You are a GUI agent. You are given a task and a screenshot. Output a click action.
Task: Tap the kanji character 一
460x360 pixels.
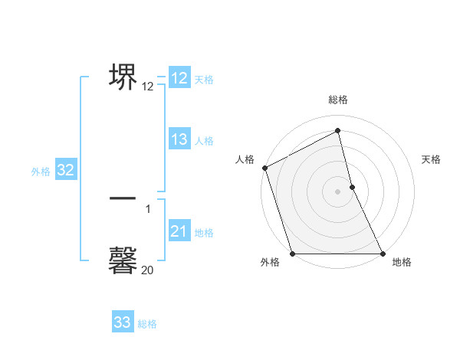(x=123, y=198)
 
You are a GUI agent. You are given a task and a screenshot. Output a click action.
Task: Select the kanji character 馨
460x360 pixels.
(x=123, y=259)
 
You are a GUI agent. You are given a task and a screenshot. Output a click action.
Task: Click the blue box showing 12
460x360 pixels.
(x=179, y=78)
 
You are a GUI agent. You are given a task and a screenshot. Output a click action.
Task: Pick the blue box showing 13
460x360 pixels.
(x=179, y=139)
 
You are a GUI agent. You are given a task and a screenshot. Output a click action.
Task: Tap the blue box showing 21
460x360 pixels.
(x=179, y=231)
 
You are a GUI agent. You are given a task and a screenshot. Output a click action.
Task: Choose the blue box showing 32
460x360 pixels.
(x=65, y=170)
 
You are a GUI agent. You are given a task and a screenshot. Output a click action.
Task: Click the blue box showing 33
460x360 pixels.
(x=123, y=322)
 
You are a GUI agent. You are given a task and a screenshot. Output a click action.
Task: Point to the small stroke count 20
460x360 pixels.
(x=147, y=270)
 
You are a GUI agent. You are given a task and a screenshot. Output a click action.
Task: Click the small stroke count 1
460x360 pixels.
(x=148, y=208)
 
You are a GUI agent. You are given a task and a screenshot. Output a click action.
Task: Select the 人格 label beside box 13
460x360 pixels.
(x=204, y=141)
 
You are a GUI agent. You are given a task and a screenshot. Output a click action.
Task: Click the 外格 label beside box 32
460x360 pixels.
(x=41, y=172)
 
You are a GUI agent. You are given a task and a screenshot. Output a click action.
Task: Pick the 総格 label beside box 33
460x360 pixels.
(x=147, y=324)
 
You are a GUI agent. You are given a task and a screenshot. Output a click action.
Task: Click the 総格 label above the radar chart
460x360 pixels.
(x=338, y=100)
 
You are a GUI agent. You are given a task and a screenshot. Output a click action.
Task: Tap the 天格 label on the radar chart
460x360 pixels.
(x=431, y=159)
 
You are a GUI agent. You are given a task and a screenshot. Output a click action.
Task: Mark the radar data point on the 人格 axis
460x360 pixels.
(x=264, y=168)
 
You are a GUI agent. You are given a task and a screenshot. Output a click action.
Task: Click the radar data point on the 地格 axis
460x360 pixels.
(x=383, y=254)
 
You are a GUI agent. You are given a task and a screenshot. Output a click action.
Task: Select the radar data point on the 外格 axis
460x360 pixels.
(x=292, y=254)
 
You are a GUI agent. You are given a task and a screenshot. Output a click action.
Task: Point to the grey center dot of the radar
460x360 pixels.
(x=338, y=191)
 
